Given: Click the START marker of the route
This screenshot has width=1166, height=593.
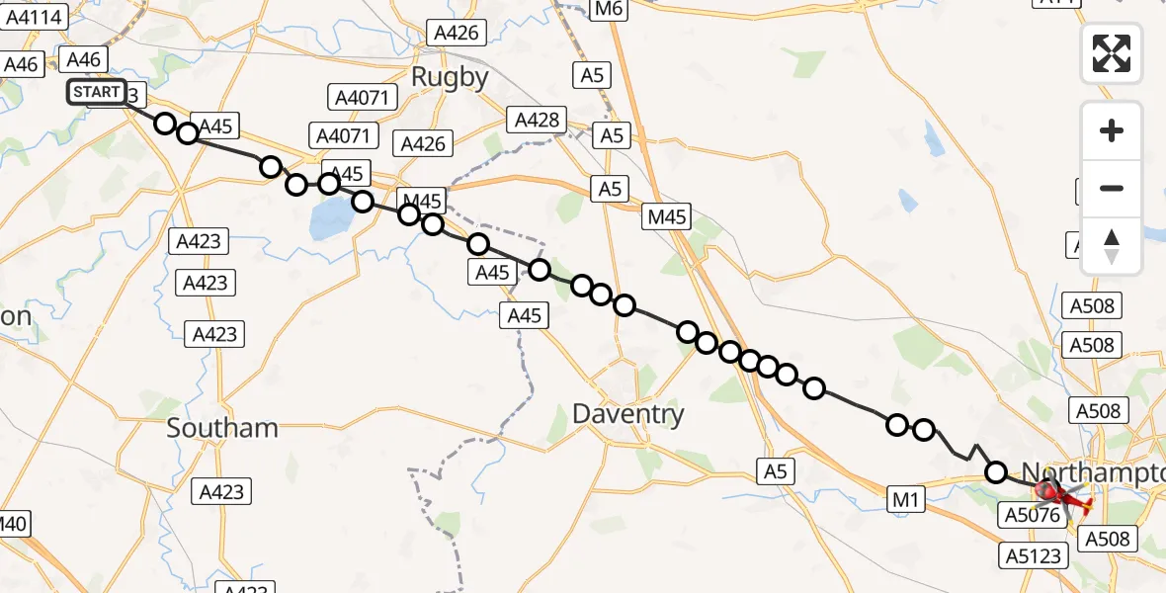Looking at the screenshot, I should coord(97,93).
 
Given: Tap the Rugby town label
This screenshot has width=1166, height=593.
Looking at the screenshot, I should coord(450,77).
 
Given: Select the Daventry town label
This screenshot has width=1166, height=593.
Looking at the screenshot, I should coord(628,414).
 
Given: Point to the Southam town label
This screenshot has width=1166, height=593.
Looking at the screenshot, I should coord(222,428).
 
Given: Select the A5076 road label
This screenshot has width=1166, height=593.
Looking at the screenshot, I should coord(1031,515).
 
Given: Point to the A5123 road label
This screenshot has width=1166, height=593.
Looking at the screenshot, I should coord(1036,555).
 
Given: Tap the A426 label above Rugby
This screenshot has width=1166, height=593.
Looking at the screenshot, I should coord(457,33).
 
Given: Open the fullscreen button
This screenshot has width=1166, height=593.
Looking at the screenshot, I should coord(1112,53).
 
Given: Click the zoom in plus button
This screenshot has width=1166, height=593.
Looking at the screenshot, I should coord(1112,130).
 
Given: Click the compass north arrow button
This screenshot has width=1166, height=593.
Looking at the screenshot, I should coord(1112,245).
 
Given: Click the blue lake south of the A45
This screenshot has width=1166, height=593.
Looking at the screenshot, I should coord(329,219).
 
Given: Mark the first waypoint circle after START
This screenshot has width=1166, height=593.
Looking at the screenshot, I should coord(165,124).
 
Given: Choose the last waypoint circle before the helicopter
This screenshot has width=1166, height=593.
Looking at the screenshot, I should coord(996,472).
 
